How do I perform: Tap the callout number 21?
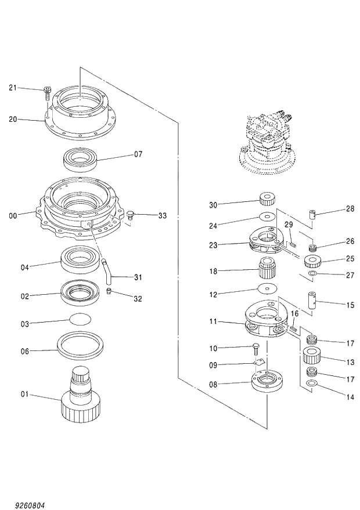pyautogui.click(x=13, y=88)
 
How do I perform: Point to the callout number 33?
pyautogui.click(x=162, y=215)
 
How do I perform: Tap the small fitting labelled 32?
pyautogui.click(x=109, y=291)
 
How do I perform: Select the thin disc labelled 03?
pyautogui.click(x=80, y=319)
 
